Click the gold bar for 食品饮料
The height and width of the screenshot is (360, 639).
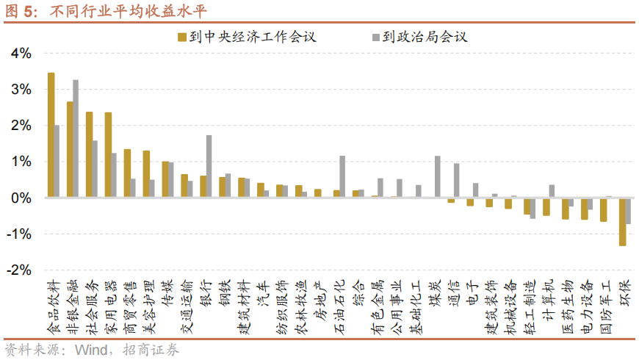51,135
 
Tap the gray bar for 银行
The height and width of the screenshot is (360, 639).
209,166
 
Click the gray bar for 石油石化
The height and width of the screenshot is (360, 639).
342,176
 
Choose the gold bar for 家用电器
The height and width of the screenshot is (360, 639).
108,155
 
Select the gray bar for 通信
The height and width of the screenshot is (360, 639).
457,180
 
